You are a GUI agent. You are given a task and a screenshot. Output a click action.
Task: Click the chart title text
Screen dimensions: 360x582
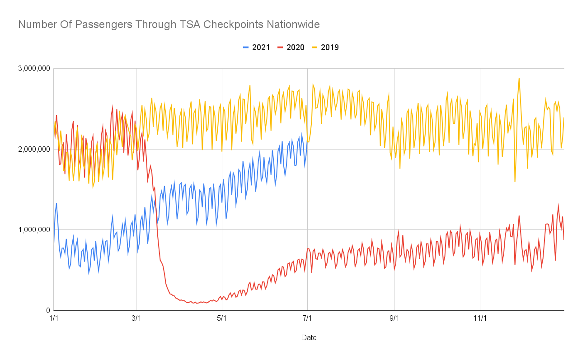[x=169, y=24]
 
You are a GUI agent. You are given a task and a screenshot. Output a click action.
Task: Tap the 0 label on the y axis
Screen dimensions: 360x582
[x=47, y=310]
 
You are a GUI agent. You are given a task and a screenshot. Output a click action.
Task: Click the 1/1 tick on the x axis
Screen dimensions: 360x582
[x=54, y=318]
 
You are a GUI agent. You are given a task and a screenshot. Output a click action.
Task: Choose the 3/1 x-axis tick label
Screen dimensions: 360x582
[x=136, y=318]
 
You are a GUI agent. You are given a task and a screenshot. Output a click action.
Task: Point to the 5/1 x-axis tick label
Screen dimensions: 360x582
[x=222, y=318]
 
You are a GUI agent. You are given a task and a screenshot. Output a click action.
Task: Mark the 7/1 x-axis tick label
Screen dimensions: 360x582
[x=307, y=318]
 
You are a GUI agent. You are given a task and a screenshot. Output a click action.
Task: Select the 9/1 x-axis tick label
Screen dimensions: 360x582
[x=394, y=318]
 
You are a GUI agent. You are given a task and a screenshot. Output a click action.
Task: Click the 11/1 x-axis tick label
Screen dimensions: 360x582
[x=480, y=318]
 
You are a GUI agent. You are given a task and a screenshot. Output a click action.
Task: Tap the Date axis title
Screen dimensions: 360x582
[x=309, y=337]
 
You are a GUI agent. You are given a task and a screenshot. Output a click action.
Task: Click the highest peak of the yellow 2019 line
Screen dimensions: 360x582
[x=519, y=78]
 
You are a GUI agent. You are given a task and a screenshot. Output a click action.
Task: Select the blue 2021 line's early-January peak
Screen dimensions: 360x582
[x=56, y=204]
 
